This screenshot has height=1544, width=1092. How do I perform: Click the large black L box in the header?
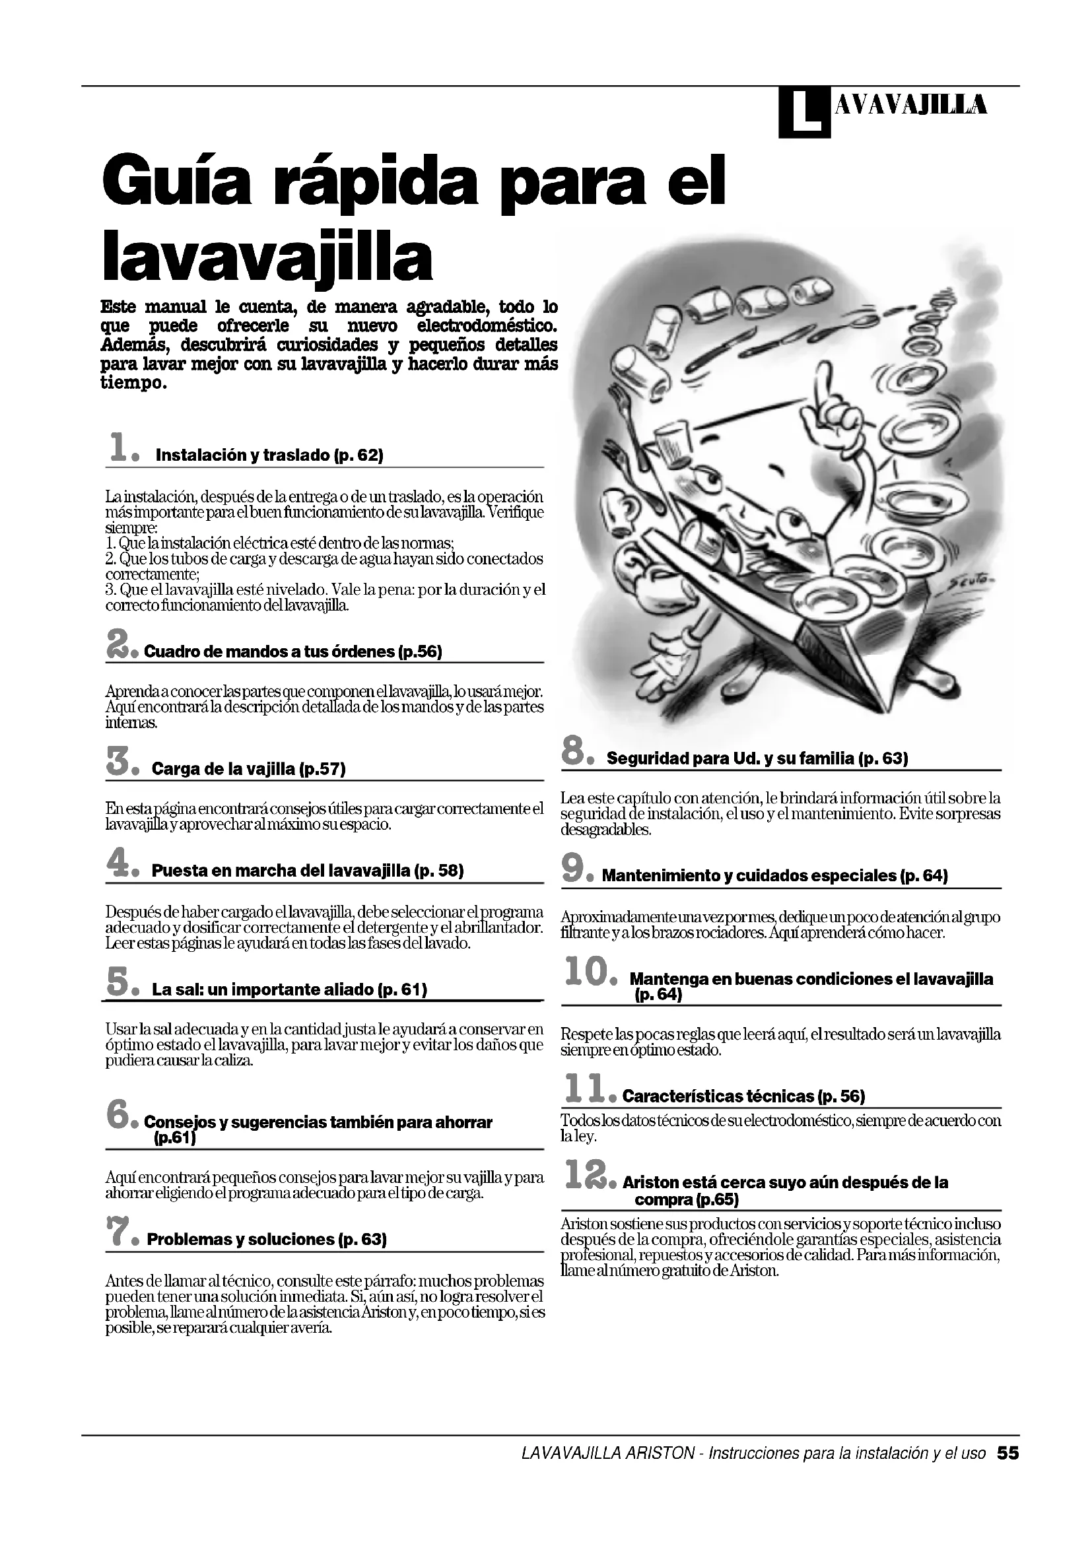(x=803, y=113)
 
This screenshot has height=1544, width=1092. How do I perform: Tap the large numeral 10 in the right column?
(x=587, y=973)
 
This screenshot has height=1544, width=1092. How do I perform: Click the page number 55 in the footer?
(x=1008, y=1454)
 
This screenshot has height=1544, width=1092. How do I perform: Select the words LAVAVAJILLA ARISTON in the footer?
(x=608, y=1454)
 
